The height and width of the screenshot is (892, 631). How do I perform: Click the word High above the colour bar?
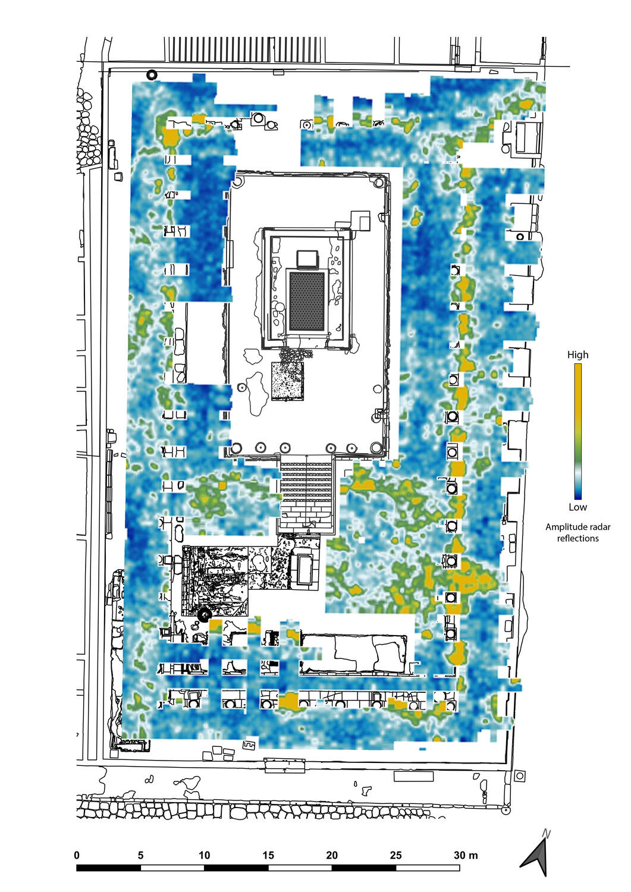pos(577,355)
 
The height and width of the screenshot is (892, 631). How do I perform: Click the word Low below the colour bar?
pos(577,507)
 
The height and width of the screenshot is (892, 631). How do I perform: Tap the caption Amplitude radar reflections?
pos(577,532)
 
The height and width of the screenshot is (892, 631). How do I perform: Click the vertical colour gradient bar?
pos(577,432)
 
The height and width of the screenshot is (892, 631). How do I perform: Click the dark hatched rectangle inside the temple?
pos(307,301)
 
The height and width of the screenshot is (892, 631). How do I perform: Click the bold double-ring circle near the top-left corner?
pos(152,74)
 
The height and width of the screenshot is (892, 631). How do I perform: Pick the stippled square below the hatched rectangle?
pos(287,381)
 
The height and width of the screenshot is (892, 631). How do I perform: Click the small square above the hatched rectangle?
pos(307,259)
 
